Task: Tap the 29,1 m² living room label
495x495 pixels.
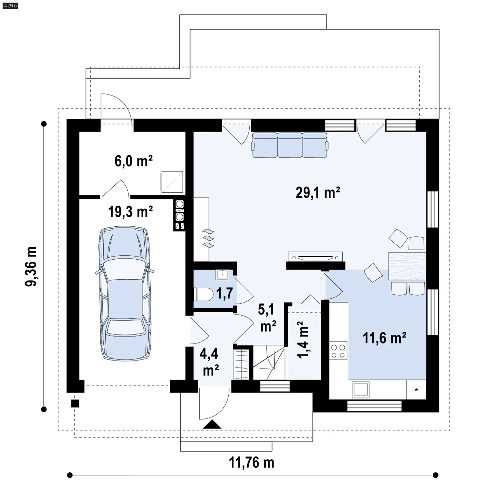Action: point(318,193)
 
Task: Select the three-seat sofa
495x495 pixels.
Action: point(290,145)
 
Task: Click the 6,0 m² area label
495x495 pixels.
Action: point(134,161)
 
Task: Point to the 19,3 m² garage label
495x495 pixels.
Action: point(130,212)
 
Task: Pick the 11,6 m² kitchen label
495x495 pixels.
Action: point(384,338)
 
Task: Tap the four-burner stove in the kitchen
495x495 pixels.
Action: point(338,350)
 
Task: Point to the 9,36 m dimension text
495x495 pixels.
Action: point(31,266)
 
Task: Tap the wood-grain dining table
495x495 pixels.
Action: point(407,266)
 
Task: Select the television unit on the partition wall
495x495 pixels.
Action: point(315,257)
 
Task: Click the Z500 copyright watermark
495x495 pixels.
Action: point(10,5)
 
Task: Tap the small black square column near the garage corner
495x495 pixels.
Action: point(75,403)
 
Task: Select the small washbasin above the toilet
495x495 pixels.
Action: point(222,274)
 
